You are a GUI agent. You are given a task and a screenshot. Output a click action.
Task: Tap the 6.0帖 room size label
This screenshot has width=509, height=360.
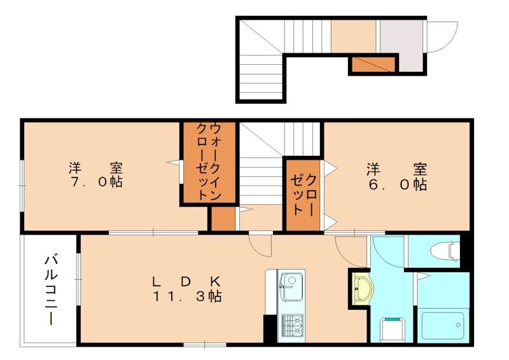[396, 185]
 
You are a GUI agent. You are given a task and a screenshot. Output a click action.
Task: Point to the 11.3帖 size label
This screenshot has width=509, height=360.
[186, 296]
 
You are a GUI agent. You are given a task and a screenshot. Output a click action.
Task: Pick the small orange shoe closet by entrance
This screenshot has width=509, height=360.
[373, 64]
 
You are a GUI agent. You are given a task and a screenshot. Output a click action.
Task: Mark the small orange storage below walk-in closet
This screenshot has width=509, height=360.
[223, 218]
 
